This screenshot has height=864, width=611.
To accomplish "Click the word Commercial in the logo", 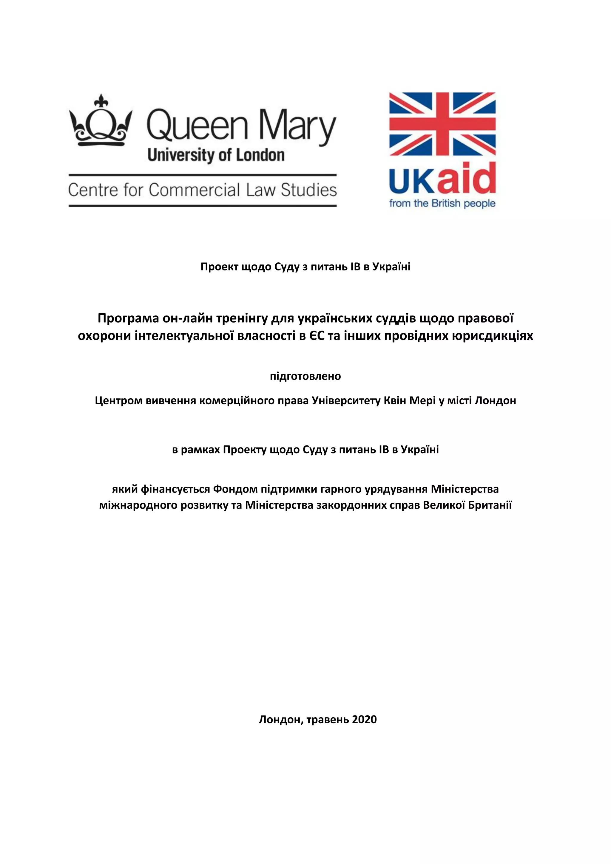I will [x=194, y=190].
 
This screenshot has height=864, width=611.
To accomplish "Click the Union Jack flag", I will [x=442, y=125].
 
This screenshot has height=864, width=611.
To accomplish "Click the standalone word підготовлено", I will [x=305, y=376].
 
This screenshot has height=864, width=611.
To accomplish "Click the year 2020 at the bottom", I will [x=364, y=719].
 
